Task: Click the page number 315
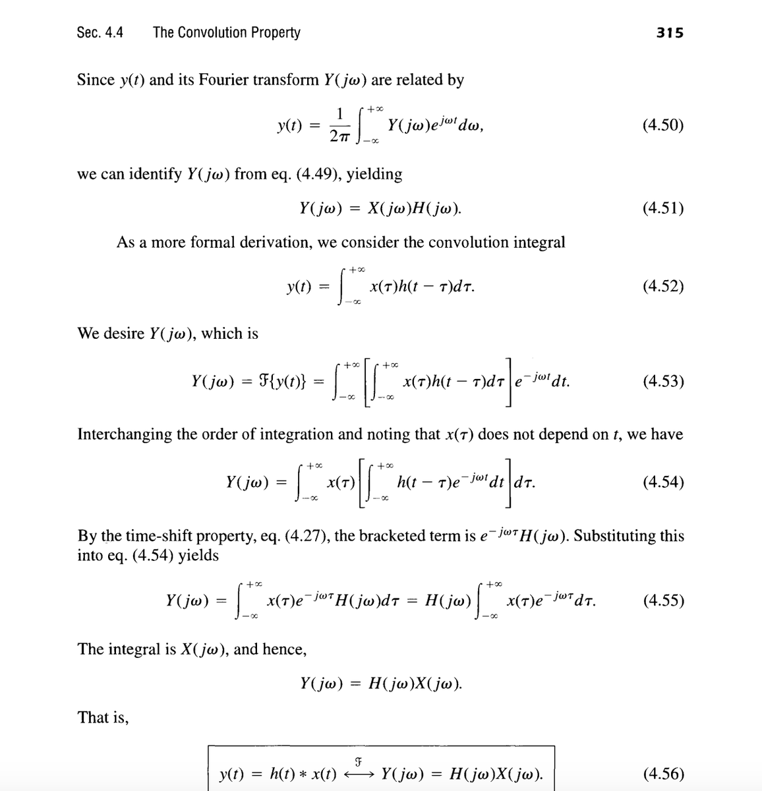click(670, 32)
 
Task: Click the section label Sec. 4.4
click(100, 32)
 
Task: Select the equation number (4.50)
click(662, 125)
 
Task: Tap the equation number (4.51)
click(662, 208)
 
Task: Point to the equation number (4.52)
click(662, 286)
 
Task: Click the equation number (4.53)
click(662, 381)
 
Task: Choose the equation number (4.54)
click(662, 482)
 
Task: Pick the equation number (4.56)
click(662, 773)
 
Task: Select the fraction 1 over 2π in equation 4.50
click(339, 125)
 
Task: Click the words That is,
click(103, 717)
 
